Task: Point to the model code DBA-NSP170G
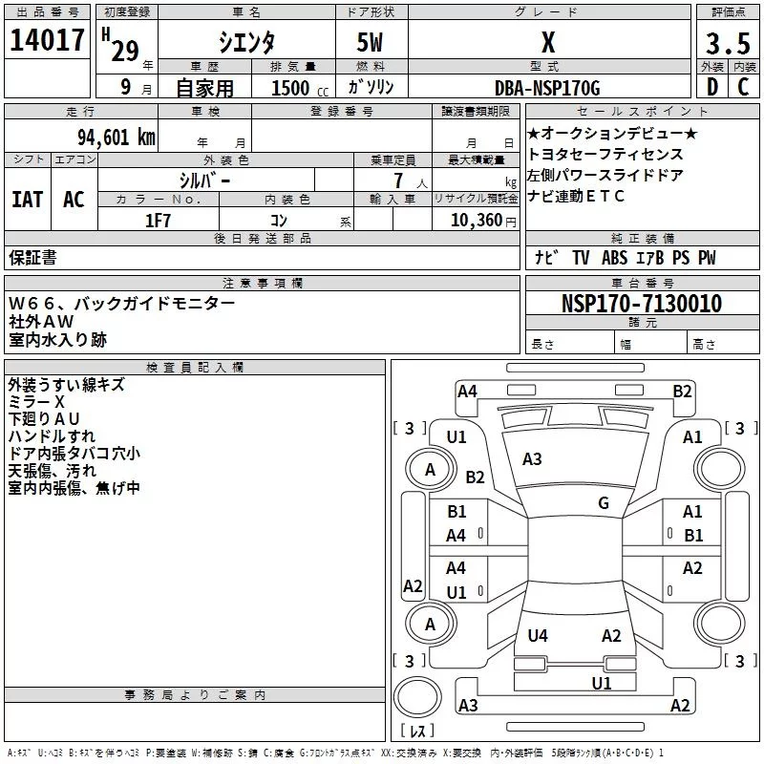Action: click(x=547, y=88)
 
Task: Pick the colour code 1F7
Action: click(x=158, y=220)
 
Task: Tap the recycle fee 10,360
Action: click(x=473, y=220)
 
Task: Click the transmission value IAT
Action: click(x=27, y=199)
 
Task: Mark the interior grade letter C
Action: click(x=743, y=87)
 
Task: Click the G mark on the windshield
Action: click(x=603, y=503)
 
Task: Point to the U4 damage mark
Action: click(x=538, y=636)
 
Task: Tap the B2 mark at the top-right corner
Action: click(x=682, y=391)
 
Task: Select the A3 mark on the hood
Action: click(x=532, y=459)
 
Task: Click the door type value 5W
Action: click(x=371, y=44)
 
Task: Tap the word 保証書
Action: click(x=32, y=257)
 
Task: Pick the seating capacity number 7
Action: click(x=396, y=180)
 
